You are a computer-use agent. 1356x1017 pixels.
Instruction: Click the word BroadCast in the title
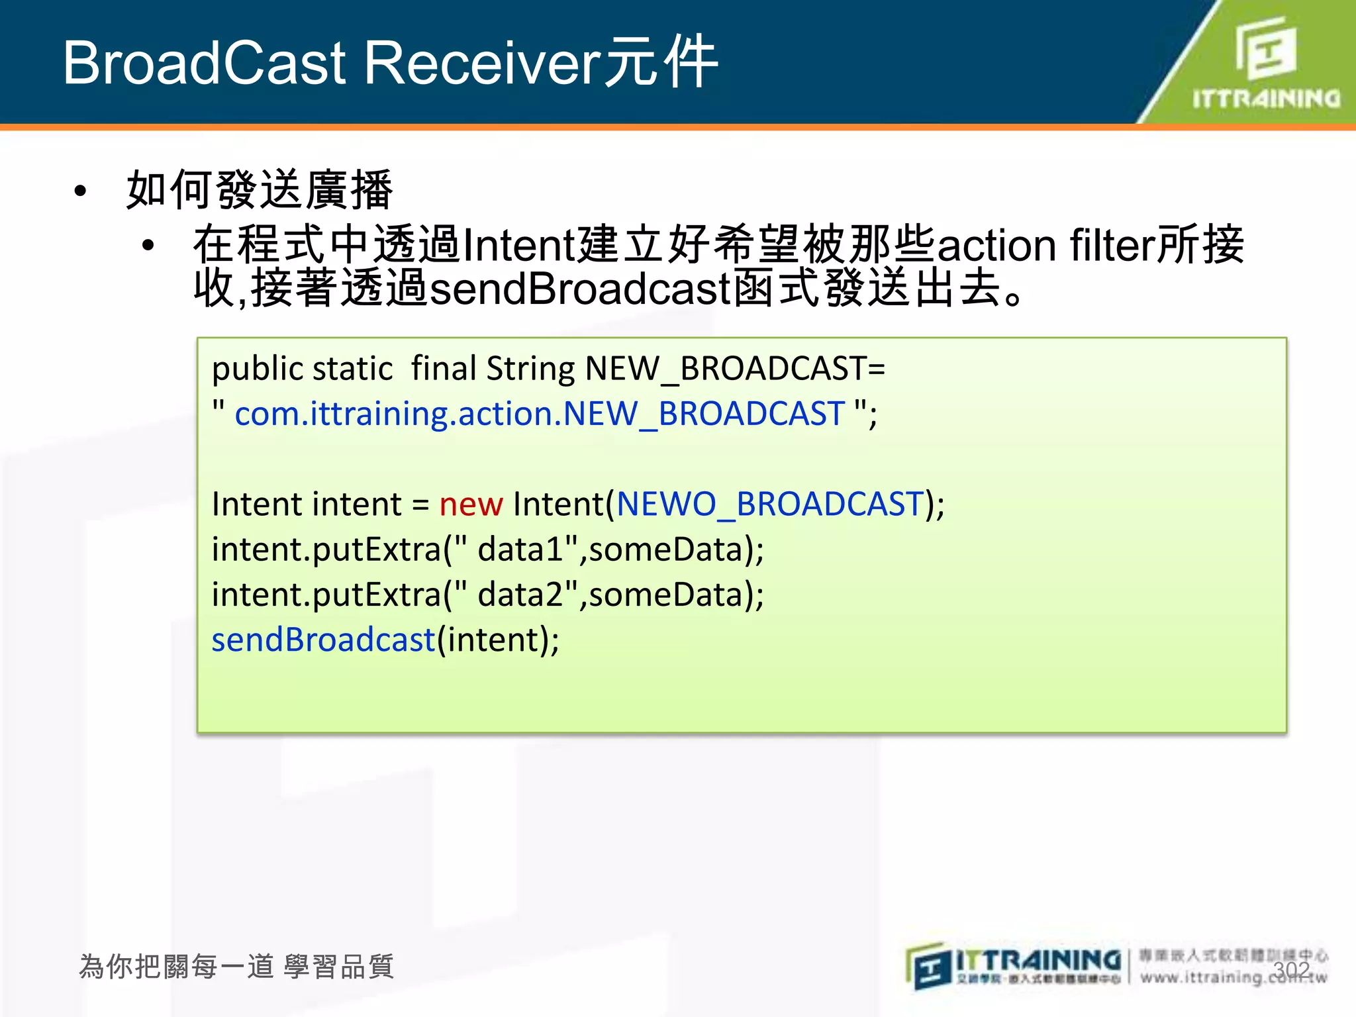(205, 63)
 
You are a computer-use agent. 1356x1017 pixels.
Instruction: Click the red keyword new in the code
(471, 505)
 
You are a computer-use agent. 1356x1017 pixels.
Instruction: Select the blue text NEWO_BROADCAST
(770, 505)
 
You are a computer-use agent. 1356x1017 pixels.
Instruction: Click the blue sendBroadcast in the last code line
(323, 640)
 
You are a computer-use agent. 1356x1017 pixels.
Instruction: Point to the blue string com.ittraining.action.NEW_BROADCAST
(540, 414)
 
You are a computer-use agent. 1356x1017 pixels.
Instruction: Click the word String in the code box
(530, 369)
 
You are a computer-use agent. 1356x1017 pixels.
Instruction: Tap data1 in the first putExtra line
(520, 550)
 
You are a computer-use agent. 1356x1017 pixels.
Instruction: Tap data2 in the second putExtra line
(520, 595)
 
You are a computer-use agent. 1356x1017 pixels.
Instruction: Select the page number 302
(1291, 970)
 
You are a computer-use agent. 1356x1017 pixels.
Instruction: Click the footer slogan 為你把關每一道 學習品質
(236, 967)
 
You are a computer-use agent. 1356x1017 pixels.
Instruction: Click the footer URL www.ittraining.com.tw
(1234, 977)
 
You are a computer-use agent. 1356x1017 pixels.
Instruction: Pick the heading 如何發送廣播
(260, 190)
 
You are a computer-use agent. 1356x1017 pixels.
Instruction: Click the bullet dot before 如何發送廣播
(81, 191)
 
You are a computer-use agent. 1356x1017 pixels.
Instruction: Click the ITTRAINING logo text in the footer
(1038, 960)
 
